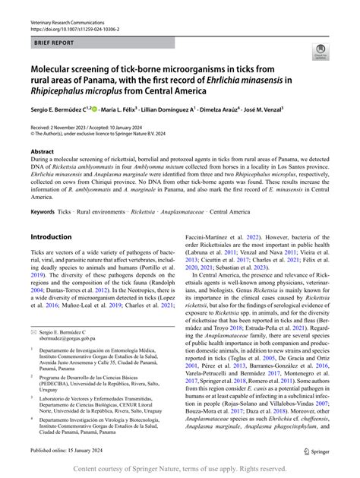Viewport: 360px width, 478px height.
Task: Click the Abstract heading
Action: pyautogui.click(x=43, y=152)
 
